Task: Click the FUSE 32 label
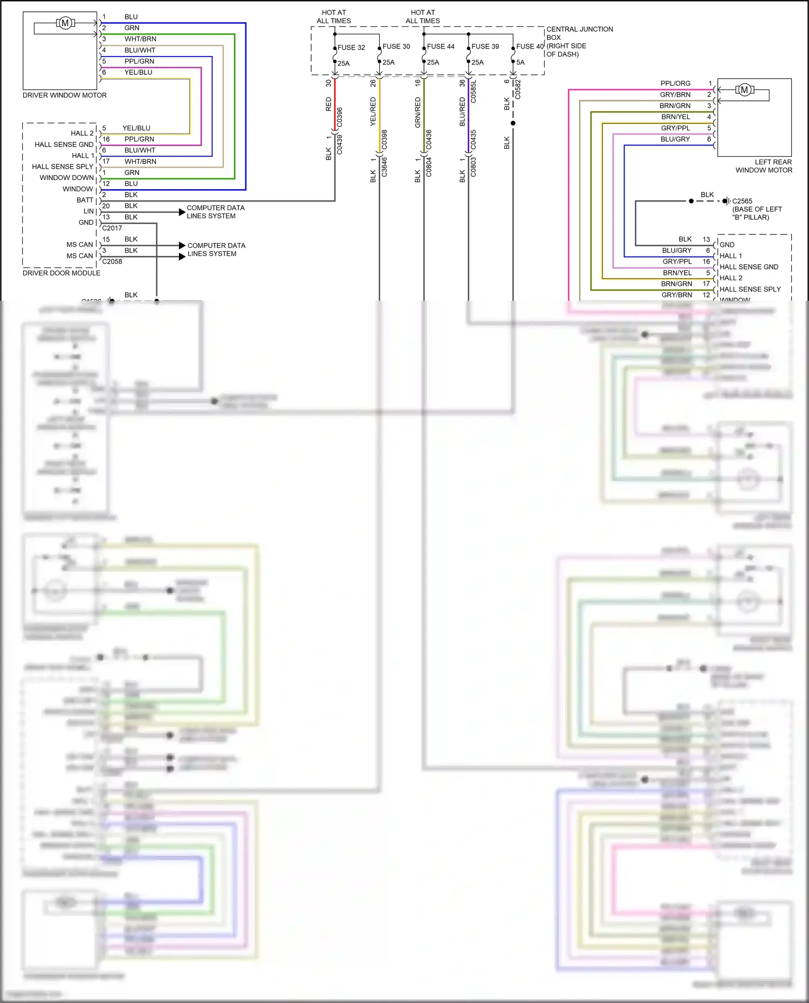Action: point(351,47)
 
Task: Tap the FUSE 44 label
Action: point(441,47)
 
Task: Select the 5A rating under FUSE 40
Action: point(520,63)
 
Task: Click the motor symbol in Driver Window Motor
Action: point(65,23)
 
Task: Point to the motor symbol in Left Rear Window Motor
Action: point(744,90)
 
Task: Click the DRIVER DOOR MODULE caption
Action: point(61,273)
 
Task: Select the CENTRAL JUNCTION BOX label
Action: point(579,33)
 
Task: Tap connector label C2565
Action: point(742,201)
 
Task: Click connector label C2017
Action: point(112,228)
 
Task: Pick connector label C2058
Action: point(112,261)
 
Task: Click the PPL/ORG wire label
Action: point(675,84)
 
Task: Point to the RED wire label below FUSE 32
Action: point(328,104)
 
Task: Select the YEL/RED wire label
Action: point(373,112)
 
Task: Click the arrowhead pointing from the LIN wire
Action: point(182,212)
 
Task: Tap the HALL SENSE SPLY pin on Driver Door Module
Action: point(63,167)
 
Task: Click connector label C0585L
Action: point(473,92)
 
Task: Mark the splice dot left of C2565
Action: point(691,201)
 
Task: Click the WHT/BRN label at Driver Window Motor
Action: point(140,39)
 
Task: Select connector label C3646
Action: point(385,166)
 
